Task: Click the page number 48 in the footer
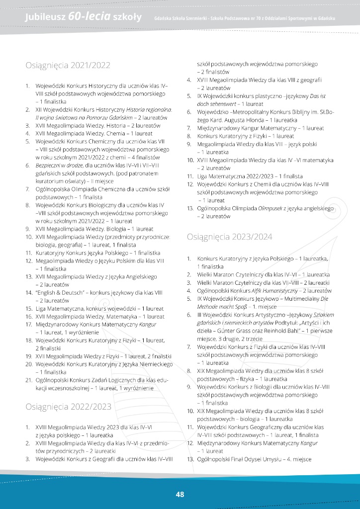tap(180, 494)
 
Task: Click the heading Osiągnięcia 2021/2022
tap(68, 65)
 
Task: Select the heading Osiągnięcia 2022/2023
tap(69, 407)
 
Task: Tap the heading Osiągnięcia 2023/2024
tap(230, 237)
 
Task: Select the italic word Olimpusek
tap(270, 209)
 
